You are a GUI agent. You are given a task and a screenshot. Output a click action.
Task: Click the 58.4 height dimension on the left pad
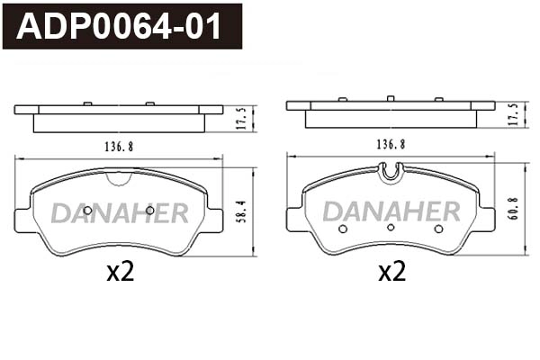[x=240, y=212]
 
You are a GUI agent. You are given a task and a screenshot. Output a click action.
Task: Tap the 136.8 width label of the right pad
[x=390, y=144]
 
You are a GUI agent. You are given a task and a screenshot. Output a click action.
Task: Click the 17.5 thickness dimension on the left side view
[x=240, y=118]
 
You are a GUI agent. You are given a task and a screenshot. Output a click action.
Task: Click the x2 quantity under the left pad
[x=120, y=272]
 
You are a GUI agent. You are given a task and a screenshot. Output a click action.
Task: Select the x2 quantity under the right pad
[x=391, y=272]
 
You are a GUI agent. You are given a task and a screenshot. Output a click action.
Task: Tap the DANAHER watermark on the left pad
[x=119, y=213]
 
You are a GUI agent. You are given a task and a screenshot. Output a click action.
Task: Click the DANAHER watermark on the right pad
[x=391, y=211]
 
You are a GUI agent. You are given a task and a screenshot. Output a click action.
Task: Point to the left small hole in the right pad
[x=343, y=229]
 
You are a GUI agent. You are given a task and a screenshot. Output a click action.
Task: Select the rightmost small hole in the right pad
[x=438, y=229]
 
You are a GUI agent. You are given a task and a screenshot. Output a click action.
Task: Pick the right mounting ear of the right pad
[x=486, y=219]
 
